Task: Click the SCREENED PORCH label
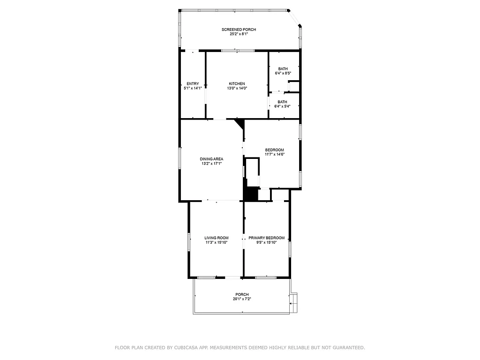(x=239, y=30)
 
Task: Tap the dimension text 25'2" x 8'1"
(x=239, y=34)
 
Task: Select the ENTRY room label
(x=192, y=83)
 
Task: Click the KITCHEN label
(x=237, y=83)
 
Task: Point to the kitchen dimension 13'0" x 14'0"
(x=237, y=88)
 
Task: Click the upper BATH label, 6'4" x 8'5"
(x=283, y=69)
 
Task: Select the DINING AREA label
(x=211, y=159)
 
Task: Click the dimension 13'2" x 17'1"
(x=211, y=164)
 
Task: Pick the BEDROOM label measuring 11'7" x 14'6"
(x=274, y=150)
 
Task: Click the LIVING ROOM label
(x=216, y=238)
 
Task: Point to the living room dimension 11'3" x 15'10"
(x=216, y=242)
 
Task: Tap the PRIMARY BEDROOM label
(x=266, y=238)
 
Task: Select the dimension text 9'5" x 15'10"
(x=266, y=242)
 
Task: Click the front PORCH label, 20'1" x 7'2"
(x=242, y=294)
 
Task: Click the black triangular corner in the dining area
(x=240, y=123)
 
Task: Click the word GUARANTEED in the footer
(x=348, y=348)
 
